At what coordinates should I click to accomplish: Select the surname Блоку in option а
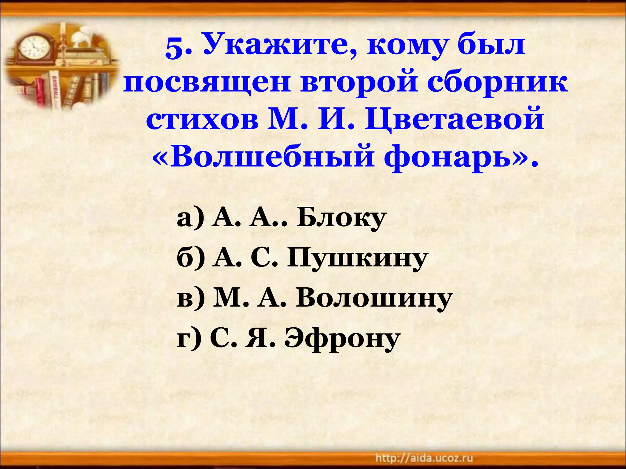341,218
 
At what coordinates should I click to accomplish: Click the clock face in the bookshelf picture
33,48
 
